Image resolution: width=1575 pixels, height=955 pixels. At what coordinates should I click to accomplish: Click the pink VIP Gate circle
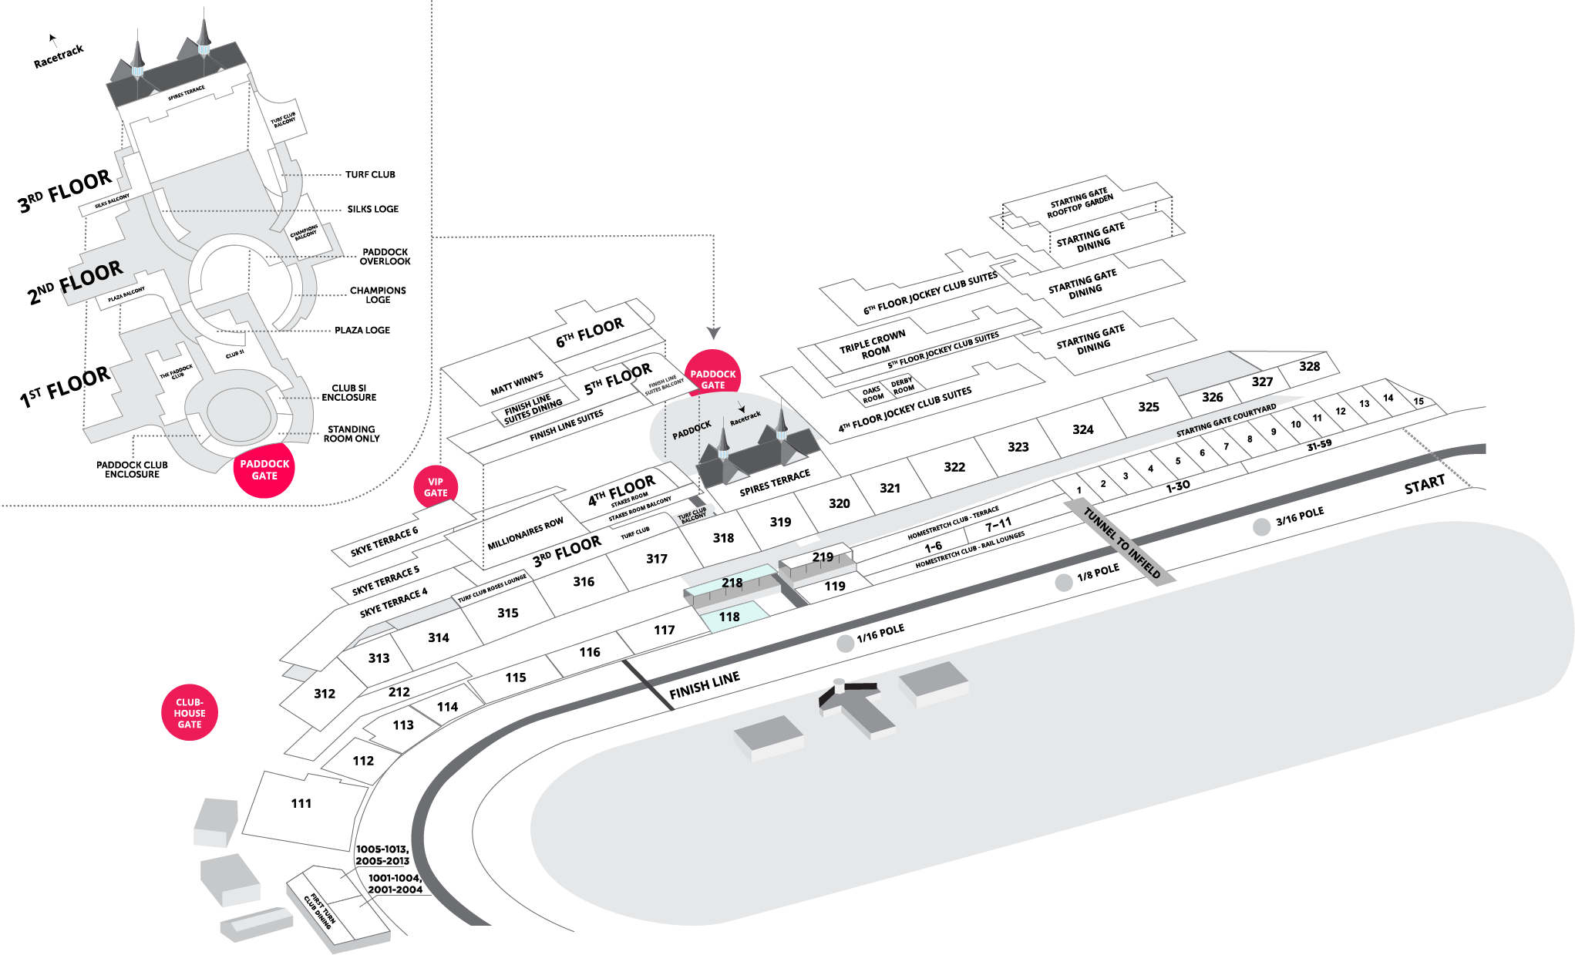coord(436,487)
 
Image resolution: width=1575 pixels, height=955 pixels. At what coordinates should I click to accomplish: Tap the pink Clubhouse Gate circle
coord(190,713)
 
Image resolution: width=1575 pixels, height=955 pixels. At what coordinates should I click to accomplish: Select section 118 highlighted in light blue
coord(729,617)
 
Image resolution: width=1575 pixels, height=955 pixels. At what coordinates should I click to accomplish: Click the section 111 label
coord(301,803)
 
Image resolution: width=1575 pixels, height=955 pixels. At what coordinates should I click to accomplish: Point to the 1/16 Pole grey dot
coord(846,644)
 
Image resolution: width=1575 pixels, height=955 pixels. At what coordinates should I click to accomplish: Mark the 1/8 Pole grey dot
coord(1064,583)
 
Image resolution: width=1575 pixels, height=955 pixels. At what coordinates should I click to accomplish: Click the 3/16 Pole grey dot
coord(1261,527)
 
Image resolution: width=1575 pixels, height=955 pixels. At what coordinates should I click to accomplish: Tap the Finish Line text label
coord(705,684)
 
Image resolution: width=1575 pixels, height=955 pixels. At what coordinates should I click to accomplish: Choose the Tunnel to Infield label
coord(1122,543)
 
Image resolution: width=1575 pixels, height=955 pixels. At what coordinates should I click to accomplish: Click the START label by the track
coord(1424,485)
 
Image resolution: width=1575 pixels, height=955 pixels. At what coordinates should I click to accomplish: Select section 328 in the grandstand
coord(1309,366)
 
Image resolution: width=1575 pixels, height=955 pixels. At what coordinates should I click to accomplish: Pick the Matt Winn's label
coord(517,383)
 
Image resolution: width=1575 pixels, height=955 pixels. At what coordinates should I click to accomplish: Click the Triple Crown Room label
coord(873,345)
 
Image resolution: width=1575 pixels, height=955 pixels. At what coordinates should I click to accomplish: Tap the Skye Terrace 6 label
coord(384,541)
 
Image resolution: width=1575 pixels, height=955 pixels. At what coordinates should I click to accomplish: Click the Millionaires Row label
coord(525,534)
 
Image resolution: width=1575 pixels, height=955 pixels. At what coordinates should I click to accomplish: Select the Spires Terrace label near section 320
coord(775,483)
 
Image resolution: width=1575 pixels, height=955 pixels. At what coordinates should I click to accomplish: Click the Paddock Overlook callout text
coord(385,257)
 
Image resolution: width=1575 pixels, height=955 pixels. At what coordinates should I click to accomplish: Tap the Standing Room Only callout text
coord(351,434)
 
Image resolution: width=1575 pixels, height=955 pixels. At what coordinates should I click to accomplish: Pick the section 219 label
coord(823,557)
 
